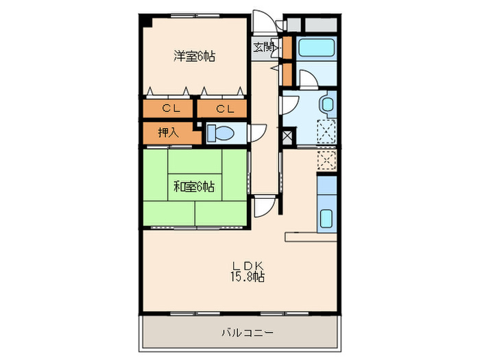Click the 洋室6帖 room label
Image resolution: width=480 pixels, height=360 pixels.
pos(194,56)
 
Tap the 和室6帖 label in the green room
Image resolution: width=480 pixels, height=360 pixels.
pos(194,187)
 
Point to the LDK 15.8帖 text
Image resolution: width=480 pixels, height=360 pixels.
pos(248,271)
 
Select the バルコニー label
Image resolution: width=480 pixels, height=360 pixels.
pos(247,333)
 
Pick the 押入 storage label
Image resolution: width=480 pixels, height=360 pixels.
pos(168,132)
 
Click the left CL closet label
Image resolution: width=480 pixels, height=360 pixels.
pos(171,108)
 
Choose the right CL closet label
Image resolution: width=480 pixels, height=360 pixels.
pos(225,108)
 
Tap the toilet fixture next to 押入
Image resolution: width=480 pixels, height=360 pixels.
pos(220,133)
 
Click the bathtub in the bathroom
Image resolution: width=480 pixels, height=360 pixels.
pos(316,47)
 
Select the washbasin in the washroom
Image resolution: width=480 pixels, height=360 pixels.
pos(327,104)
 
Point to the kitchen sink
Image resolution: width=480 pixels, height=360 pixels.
pos(326,219)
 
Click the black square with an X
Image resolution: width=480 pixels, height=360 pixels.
pos(289,137)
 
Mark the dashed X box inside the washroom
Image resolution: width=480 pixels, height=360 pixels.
pos(326,132)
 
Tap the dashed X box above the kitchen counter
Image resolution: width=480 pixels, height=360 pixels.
pos(326,160)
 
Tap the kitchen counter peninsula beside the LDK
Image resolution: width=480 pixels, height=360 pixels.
pos(311,237)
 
